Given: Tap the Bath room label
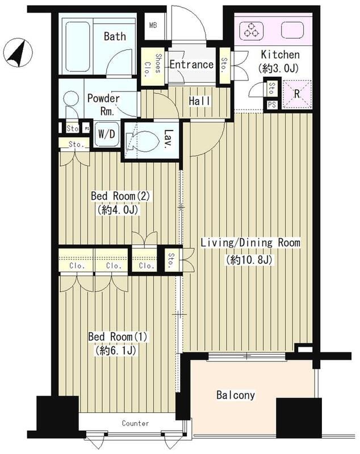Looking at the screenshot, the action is pos(115,36).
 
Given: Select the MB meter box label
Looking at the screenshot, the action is pos(153,25).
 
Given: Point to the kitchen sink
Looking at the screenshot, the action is pos(292,30).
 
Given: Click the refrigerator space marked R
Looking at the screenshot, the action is pos(297,94).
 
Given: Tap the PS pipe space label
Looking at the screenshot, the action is pos(271,104).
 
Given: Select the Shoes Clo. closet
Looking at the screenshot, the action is pos(153,66).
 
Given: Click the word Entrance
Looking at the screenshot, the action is pos(191,64).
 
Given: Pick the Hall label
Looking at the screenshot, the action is pos(199,101).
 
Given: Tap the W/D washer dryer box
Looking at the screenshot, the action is pos(107,134).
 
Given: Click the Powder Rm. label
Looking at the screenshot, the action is pos(103,104).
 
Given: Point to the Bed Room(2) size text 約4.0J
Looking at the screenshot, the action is pos(119,209).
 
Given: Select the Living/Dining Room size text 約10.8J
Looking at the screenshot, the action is pos(250,259).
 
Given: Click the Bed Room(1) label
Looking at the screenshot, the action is pos(118,337).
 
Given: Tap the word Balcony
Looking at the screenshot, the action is pos(236,395).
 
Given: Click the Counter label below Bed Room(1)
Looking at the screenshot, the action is pos(135,423).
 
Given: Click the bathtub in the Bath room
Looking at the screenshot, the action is pos(77,47).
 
